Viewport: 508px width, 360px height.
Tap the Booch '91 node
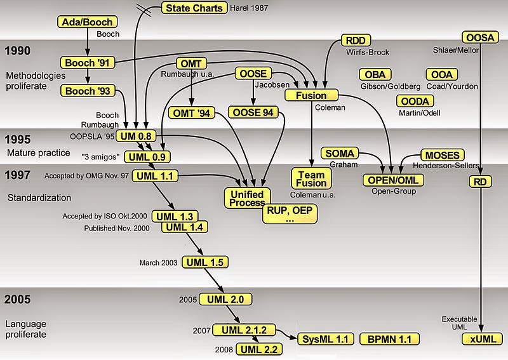coord(88,62)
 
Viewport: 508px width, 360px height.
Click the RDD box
coord(355,40)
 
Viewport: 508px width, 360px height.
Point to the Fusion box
coord(311,95)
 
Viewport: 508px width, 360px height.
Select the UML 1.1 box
coord(154,176)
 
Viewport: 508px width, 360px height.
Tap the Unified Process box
coord(246,197)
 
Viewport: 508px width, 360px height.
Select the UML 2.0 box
coord(226,299)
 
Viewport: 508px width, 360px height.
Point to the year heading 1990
coord(18,50)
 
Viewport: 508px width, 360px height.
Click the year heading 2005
coord(18,299)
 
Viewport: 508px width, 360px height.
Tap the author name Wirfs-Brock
coord(366,52)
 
